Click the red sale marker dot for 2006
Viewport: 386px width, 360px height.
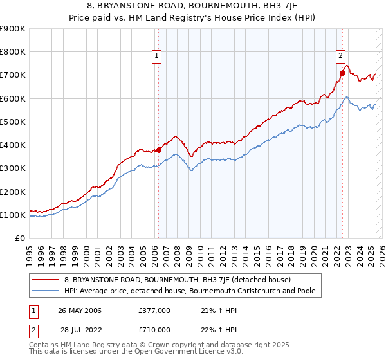tap(158, 150)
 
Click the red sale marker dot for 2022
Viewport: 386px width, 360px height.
tap(342, 73)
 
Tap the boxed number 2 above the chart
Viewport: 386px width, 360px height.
tap(340, 56)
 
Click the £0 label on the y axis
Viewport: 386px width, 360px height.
tap(20, 239)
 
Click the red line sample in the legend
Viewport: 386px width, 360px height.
tap(44, 280)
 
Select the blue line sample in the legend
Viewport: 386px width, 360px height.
tap(44, 291)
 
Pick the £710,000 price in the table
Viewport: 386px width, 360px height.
tap(154, 329)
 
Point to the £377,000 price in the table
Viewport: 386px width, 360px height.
tap(154, 311)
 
